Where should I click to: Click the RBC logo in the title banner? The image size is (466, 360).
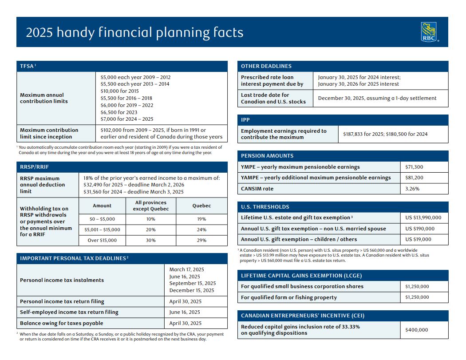[429, 32]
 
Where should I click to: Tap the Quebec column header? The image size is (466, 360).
[201, 206]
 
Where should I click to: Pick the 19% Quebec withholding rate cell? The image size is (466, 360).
[201, 219]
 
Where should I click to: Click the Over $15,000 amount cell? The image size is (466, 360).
[102, 240]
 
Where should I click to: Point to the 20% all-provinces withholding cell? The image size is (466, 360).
[151, 229]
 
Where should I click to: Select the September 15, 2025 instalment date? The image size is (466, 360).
[192, 283]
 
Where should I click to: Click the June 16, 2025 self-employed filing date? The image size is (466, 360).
[185, 312]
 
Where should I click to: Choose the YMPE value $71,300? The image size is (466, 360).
[414, 167]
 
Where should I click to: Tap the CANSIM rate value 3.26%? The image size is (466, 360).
[412, 189]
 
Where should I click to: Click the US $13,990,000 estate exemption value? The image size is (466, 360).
[423, 218]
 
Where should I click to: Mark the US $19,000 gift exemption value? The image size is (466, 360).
[418, 239]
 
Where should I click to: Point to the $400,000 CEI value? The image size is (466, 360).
[416, 330]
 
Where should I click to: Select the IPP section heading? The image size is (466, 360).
[245, 120]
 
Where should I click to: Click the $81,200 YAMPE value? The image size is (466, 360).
[414, 178]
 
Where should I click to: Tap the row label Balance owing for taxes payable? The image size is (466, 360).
[61, 323]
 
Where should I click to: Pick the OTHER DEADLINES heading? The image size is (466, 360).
[266, 66]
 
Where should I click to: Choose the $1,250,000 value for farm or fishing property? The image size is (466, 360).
[417, 297]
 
